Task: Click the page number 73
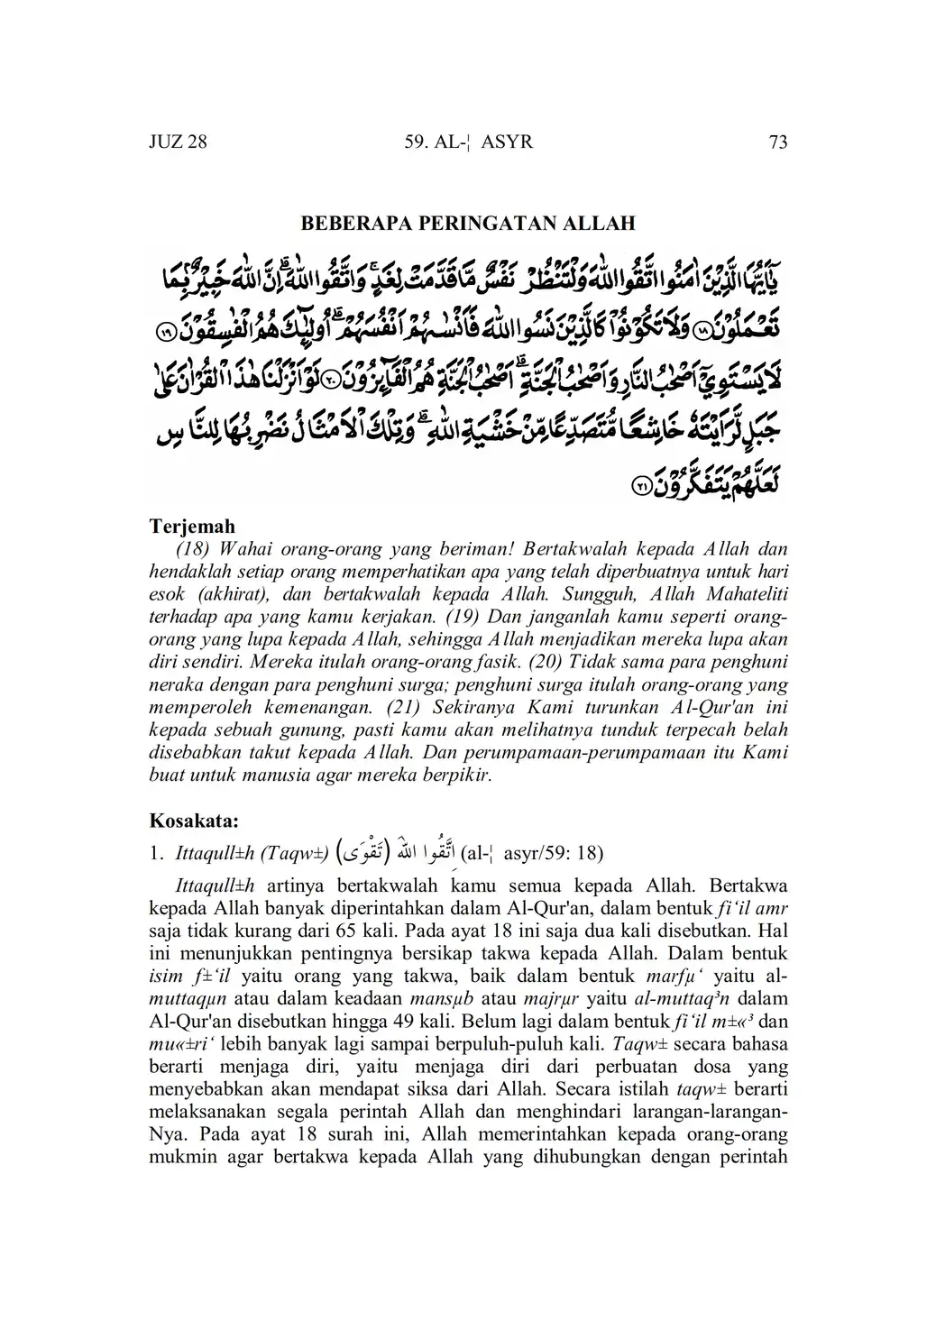click(x=778, y=142)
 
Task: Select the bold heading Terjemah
click(x=192, y=526)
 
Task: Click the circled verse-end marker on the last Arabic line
click(x=640, y=485)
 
